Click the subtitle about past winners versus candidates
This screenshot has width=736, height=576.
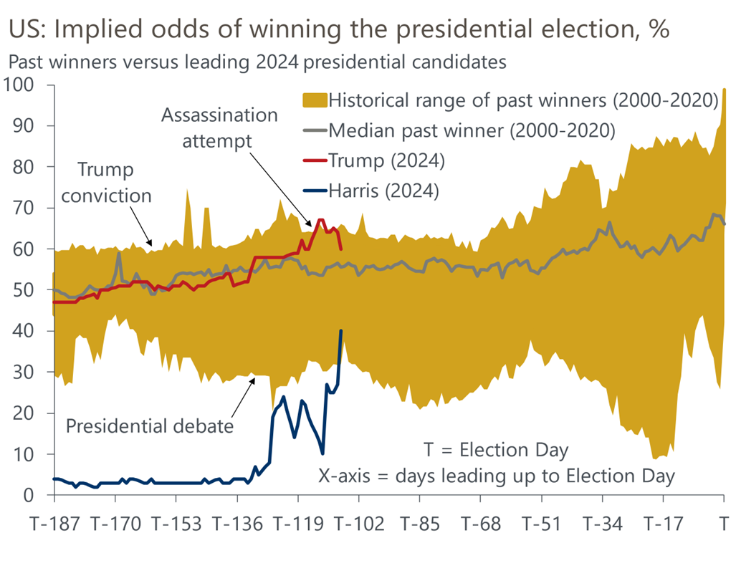coord(257,62)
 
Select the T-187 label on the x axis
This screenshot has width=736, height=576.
coord(54,524)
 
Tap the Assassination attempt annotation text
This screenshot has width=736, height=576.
coord(219,128)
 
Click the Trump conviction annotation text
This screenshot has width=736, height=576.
coord(106,183)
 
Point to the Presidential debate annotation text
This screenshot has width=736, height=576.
coord(150,426)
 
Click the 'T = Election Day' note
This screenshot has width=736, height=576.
coord(496,451)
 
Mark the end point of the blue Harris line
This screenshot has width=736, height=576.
coord(341,330)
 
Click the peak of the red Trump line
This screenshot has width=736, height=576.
coord(320,220)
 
